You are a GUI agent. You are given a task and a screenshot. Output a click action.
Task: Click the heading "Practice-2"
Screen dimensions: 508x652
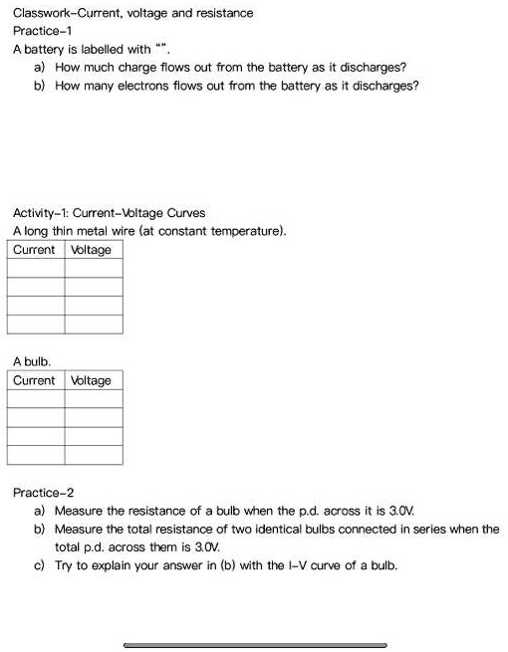click(42, 493)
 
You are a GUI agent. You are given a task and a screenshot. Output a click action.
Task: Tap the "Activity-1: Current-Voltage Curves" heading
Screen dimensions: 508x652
click(109, 213)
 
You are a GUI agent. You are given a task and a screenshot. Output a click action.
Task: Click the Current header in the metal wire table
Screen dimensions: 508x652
click(35, 250)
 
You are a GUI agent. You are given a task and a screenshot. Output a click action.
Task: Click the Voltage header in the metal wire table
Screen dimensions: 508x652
click(92, 250)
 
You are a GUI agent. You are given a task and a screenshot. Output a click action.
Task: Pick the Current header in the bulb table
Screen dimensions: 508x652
click(35, 381)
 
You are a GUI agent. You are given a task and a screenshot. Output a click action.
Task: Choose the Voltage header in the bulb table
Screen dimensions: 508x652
click(92, 381)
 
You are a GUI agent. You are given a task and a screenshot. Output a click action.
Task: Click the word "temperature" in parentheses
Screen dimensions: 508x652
click(247, 231)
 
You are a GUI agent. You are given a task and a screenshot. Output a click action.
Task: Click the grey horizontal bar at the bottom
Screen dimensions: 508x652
click(255, 645)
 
